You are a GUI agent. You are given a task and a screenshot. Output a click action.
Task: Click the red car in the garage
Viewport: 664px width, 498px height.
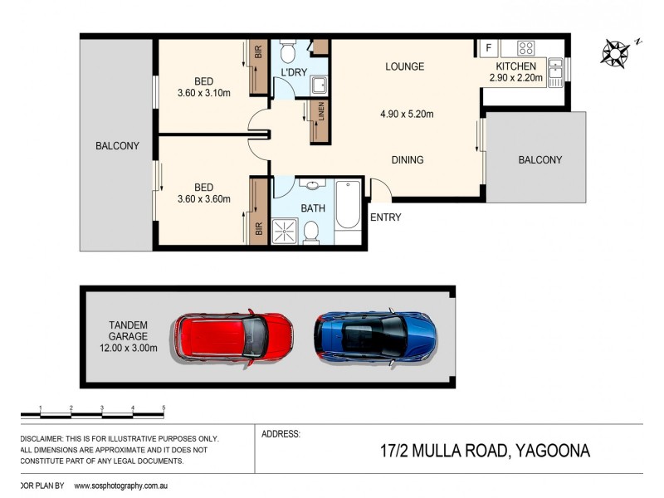[233, 336]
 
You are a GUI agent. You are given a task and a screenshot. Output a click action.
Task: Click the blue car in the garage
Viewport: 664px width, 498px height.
[375, 335]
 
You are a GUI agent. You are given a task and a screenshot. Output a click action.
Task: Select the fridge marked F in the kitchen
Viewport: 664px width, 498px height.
[488, 48]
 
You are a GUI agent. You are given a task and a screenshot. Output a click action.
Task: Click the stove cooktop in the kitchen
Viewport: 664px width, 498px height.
[525, 48]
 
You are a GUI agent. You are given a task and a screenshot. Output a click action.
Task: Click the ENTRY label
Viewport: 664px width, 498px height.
[385, 217]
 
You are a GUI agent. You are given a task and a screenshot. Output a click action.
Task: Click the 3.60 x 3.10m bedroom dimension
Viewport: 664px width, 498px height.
[203, 93]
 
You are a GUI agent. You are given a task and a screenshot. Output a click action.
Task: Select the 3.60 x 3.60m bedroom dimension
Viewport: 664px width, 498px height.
[203, 199]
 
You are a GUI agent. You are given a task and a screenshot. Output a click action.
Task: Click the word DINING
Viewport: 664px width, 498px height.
[407, 160]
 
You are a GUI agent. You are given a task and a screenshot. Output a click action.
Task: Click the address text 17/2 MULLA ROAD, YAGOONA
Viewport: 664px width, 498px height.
[472, 452]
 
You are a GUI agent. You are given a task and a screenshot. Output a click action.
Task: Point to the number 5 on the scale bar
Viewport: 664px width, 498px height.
[164, 408]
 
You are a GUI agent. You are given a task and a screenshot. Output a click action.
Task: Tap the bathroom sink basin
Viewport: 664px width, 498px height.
[313, 187]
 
